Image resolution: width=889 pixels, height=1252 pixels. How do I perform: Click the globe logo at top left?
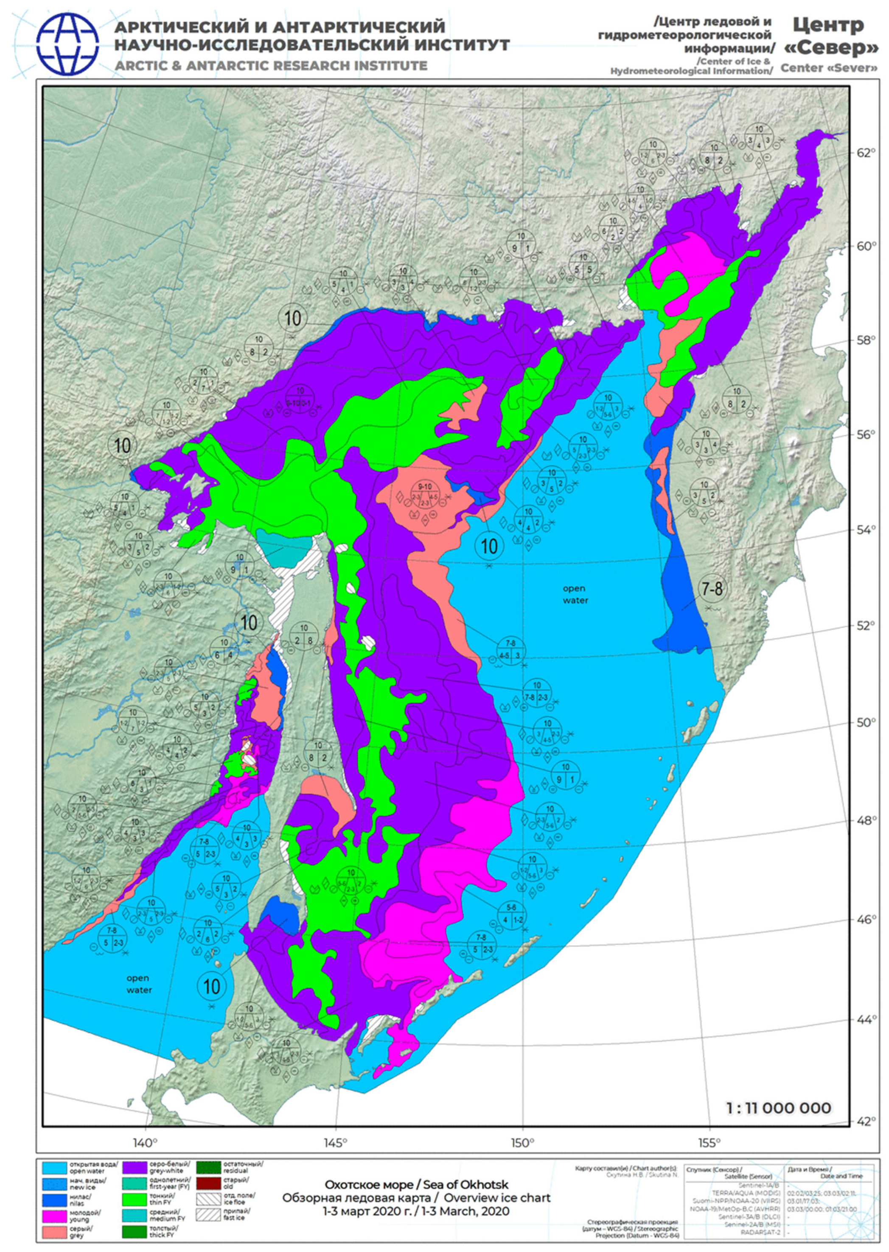click(x=68, y=44)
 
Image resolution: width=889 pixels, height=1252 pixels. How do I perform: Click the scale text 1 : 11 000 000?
click(x=778, y=1108)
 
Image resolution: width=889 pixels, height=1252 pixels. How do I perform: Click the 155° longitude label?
click(x=710, y=1143)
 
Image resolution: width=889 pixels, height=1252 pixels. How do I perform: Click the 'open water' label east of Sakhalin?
click(x=575, y=594)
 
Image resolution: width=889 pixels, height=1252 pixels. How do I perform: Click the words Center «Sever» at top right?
click(x=829, y=68)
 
